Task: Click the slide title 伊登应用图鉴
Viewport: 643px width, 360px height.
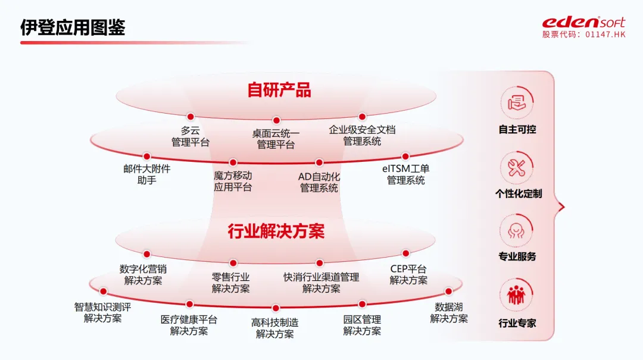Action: [x=73, y=27]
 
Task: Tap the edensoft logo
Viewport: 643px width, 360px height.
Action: [x=583, y=23]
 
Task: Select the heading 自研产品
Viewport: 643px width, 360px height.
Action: [x=279, y=90]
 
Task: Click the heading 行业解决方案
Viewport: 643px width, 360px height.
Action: [x=276, y=231]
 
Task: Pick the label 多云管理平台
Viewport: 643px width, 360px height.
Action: [x=191, y=136]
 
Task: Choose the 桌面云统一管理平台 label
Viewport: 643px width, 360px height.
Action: [x=276, y=139]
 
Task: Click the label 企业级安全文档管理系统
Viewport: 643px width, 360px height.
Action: [x=362, y=136]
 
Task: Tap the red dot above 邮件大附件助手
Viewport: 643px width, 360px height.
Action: [x=146, y=156]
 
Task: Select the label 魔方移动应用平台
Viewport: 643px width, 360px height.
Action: [x=233, y=181]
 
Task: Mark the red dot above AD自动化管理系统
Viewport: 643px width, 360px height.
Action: [x=319, y=162]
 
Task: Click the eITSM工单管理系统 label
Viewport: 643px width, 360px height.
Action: [x=406, y=174]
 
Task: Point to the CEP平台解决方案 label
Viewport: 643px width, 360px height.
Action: [x=408, y=275]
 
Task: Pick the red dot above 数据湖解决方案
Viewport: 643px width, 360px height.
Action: [x=449, y=292]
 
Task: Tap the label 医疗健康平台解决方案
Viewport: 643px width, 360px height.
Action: [x=189, y=325]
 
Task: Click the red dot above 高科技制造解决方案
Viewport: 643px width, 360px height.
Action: [x=276, y=308]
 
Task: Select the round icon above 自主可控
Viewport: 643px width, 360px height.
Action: [x=516, y=102]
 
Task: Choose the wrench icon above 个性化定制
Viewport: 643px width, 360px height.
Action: [x=516, y=167]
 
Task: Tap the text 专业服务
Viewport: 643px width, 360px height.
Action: [x=517, y=256]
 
